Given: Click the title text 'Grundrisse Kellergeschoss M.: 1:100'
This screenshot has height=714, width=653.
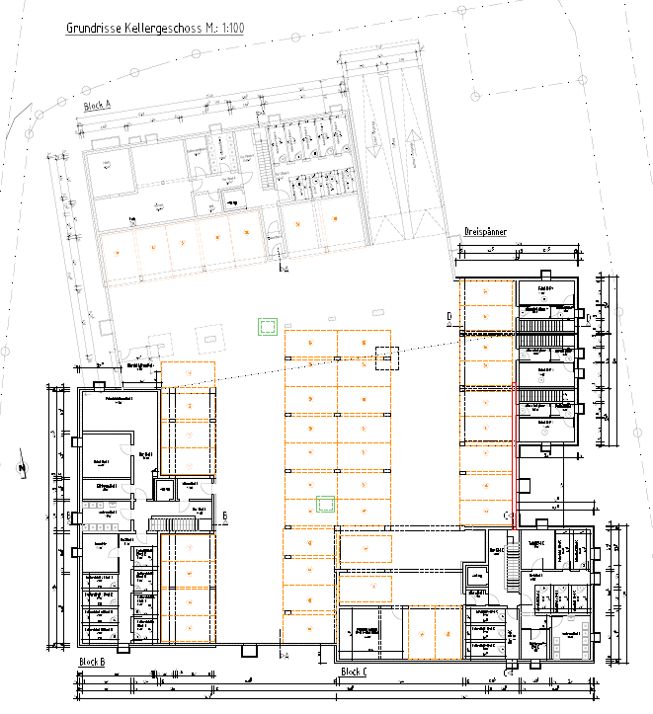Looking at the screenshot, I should [x=155, y=29].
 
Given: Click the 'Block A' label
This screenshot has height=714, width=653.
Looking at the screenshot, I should [x=97, y=104].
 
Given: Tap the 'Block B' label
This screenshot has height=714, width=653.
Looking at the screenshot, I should [x=91, y=662].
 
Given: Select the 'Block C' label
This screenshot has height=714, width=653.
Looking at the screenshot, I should [x=353, y=673].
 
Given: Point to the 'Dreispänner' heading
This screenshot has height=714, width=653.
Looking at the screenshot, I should [x=485, y=232].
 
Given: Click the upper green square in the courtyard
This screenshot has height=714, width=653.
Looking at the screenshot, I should [x=265, y=326].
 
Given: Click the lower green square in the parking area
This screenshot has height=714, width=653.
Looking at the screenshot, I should [x=324, y=505].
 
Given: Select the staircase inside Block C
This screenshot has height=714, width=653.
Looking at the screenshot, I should [x=511, y=568].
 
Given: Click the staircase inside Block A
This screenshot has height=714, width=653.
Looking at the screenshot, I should [x=265, y=163].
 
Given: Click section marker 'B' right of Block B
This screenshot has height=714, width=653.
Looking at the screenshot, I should [x=225, y=516].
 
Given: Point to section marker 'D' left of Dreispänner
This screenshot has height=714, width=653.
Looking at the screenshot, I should [x=448, y=316].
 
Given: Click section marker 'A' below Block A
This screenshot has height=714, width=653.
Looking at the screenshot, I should [x=286, y=268].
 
